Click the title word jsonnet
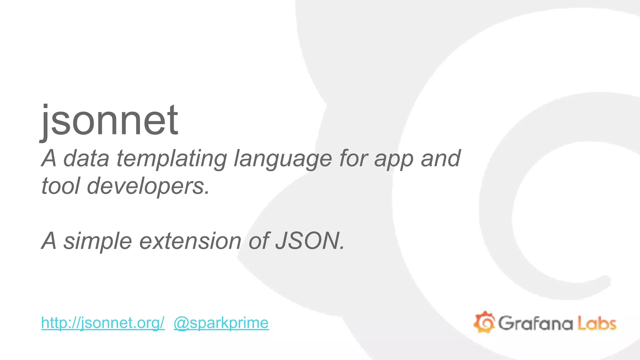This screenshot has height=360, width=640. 109,120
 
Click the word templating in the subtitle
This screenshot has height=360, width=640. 172,159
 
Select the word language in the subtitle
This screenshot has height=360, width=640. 283,159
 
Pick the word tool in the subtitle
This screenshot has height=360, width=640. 61,186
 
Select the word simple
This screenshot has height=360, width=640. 98,241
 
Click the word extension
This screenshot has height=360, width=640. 190,241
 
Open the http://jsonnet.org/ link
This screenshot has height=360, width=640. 103,323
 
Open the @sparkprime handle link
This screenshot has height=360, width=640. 221,323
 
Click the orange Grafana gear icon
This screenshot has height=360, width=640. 484,322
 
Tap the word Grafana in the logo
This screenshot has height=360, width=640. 535,323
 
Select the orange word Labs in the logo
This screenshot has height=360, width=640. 597,323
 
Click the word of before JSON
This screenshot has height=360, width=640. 258,241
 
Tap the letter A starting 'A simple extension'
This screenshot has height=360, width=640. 49,241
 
